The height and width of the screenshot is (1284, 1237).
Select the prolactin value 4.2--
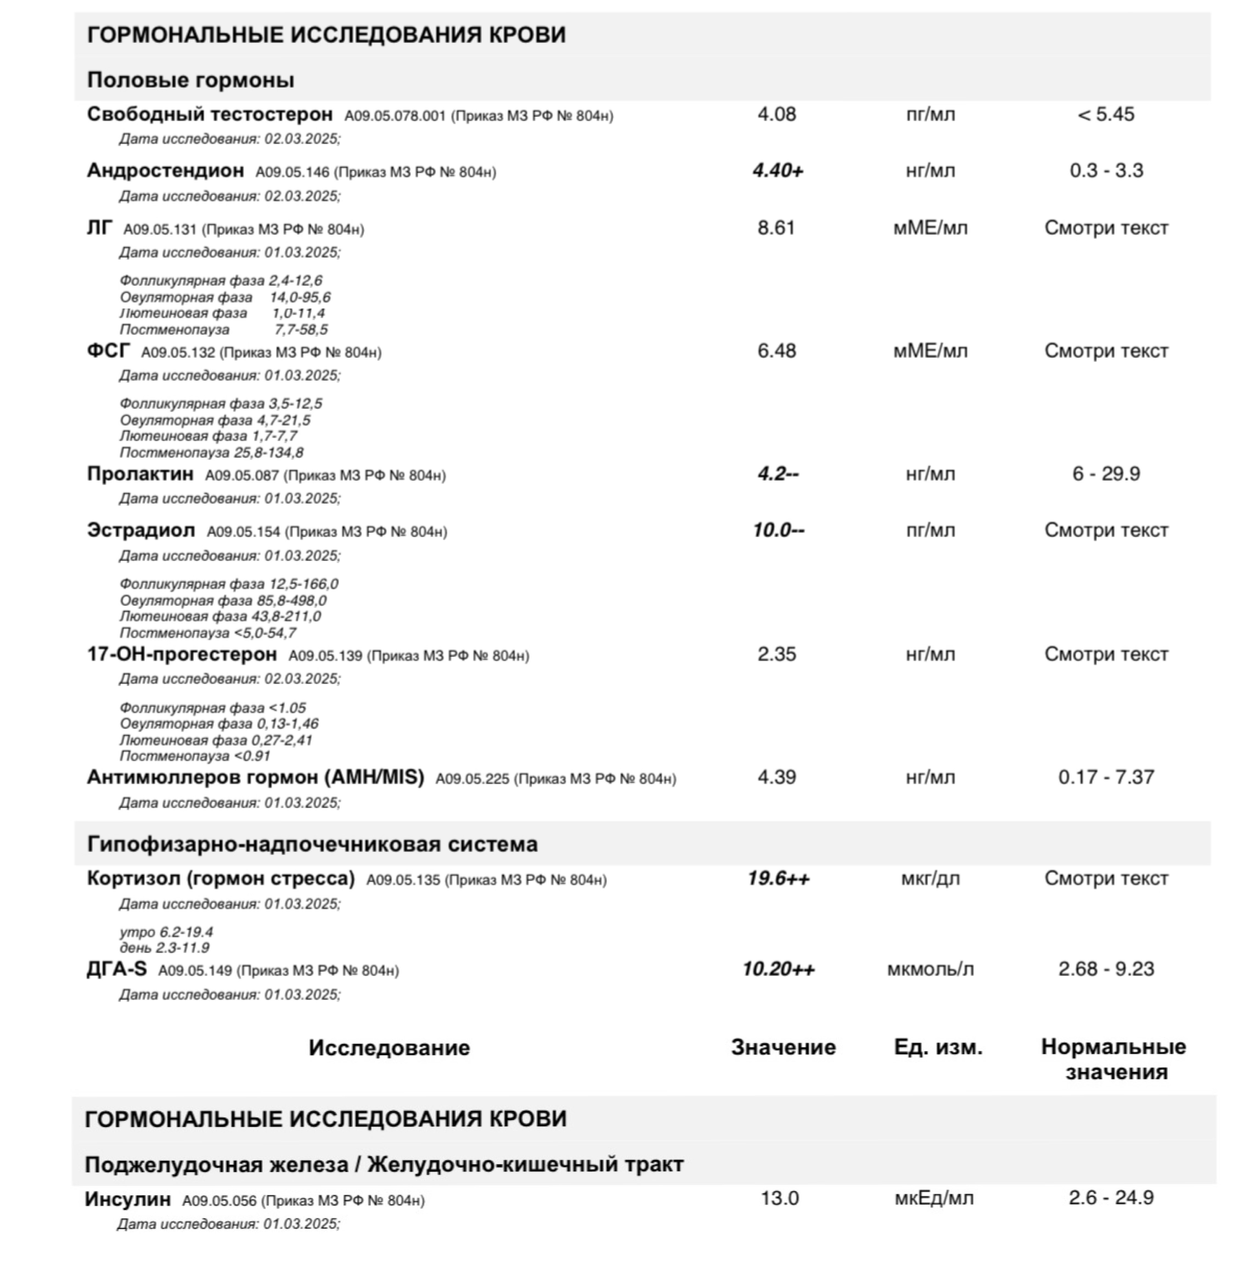(x=778, y=474)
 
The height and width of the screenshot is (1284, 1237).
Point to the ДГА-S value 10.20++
(x=778, y=969)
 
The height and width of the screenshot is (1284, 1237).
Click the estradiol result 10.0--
(x=778, y=530)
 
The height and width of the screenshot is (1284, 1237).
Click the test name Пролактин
(x=140, y=474)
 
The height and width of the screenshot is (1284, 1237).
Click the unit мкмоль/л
(x=930, y=969)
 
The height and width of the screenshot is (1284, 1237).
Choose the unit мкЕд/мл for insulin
(x=934, y=1198)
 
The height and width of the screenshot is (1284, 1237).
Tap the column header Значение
(x=783, y=1047)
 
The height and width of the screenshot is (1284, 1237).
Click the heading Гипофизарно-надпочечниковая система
(x=312, y=844)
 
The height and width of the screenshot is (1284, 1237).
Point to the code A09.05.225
(x=472, y=779)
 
